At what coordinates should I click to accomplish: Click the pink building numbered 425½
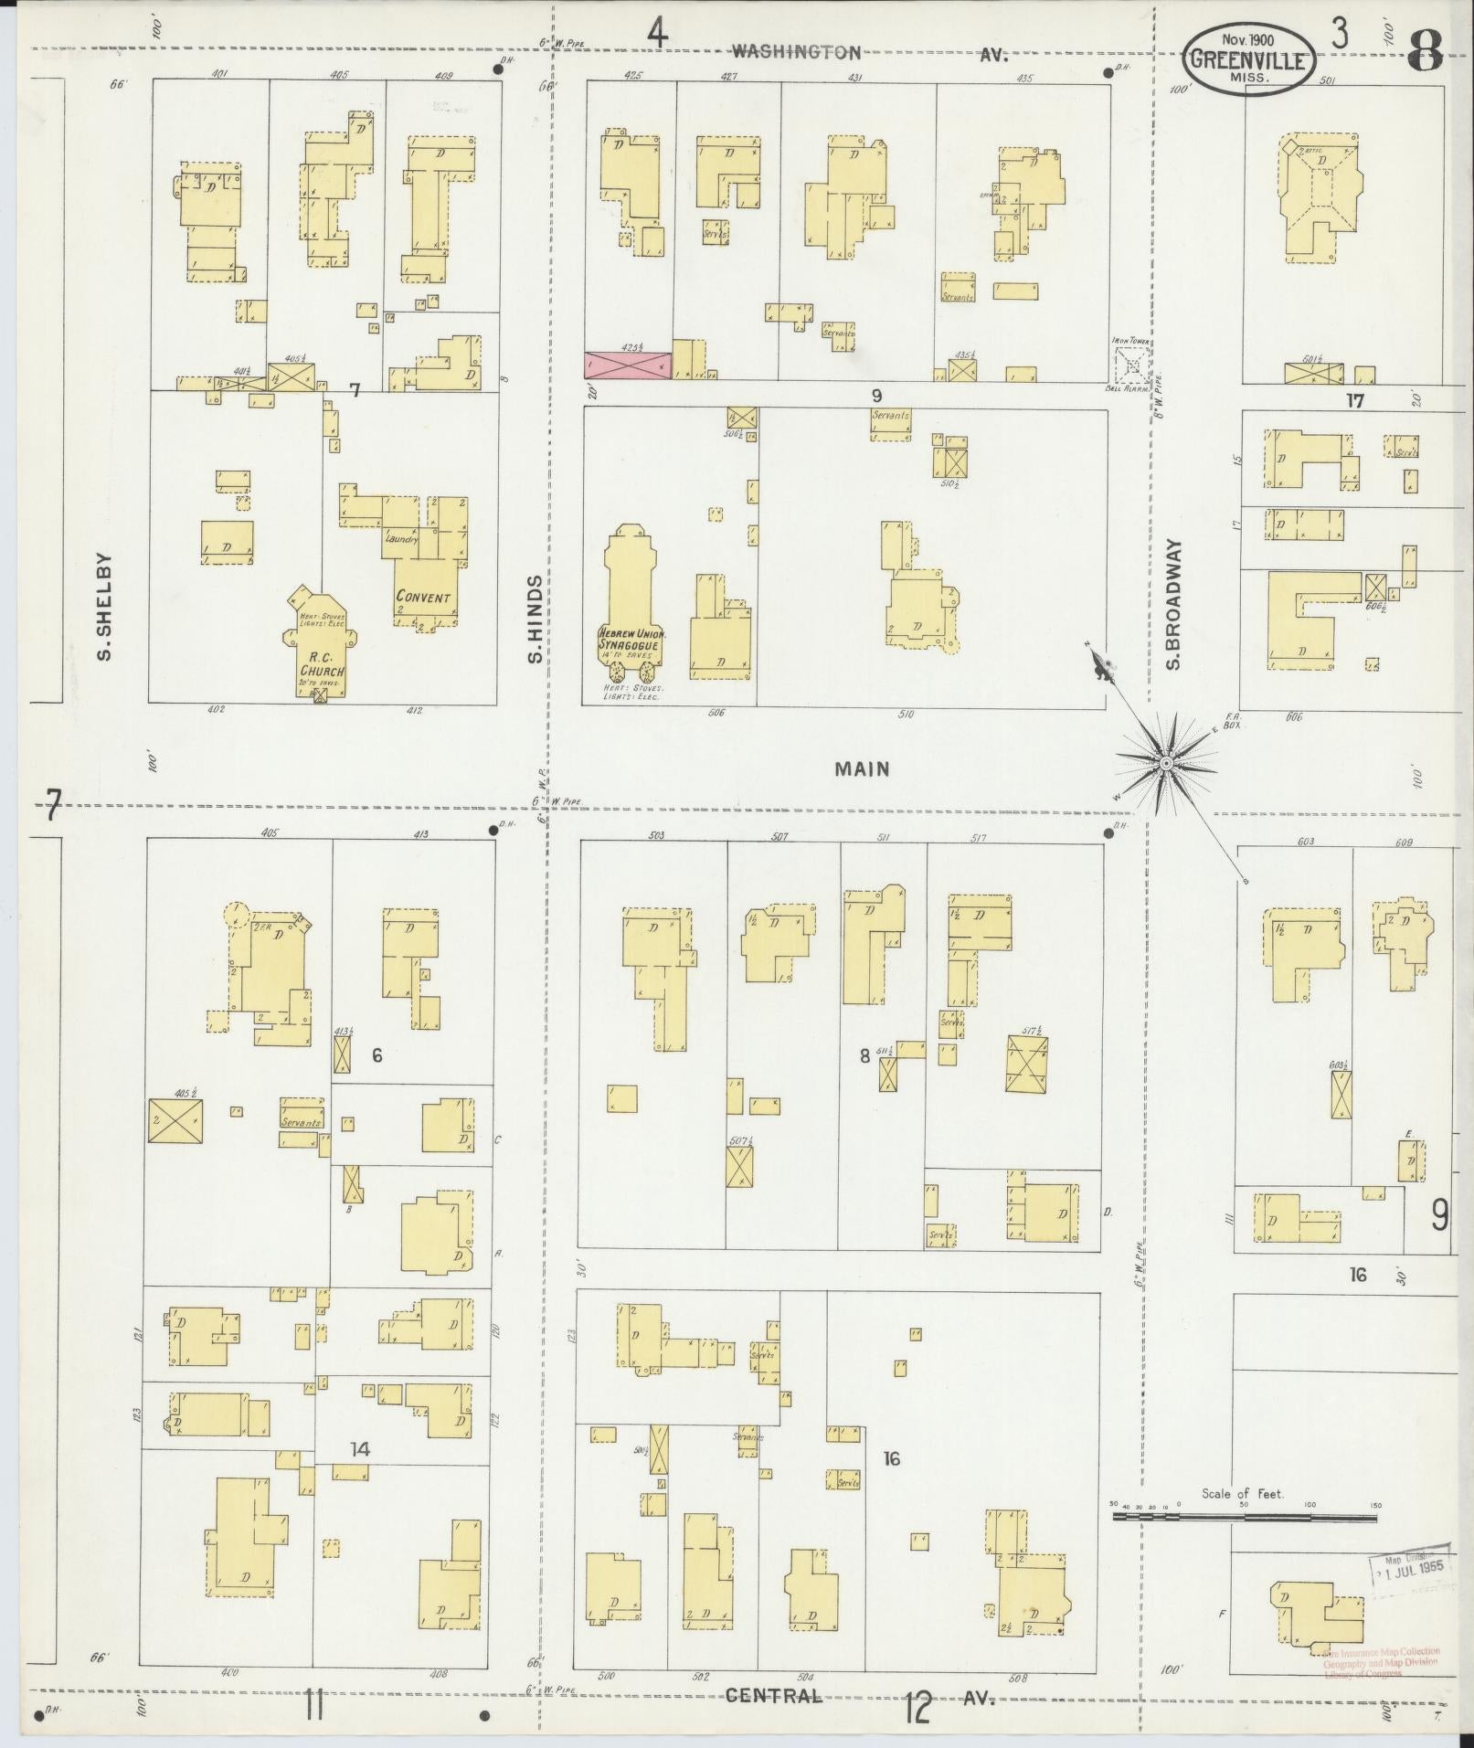click(x=628, y=365)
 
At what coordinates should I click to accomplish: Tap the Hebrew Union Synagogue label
click(x=632, y=639)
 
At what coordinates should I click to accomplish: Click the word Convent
click(x=423, y=597)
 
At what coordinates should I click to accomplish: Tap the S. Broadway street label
click(x=1173, y=604)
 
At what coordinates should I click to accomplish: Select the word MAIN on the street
click(x=861, y=769)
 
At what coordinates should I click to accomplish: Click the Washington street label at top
click(x=796, y=53)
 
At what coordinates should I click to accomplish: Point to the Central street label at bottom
click(x=774, y=1695)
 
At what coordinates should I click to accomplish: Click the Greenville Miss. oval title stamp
click(x=1250, y=58)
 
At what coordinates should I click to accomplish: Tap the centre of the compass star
click(x=1165, y=761)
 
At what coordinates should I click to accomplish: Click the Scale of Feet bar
click(x=1244, y=1518)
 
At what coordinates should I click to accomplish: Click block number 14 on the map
click(x=360, y=1448)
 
